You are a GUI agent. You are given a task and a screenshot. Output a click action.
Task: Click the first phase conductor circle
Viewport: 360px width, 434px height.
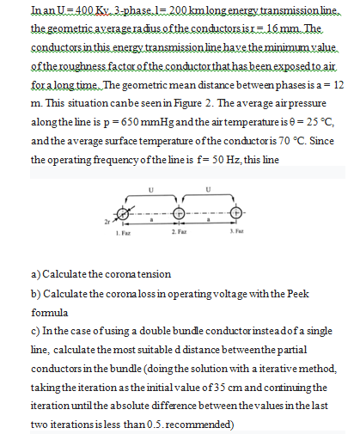coord(123,214)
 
